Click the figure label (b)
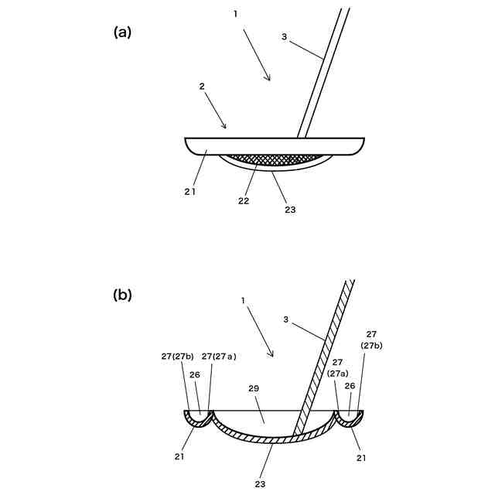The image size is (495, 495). click(123, 295)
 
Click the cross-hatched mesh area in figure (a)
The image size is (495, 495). click(274, 159)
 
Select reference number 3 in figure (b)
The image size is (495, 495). click(286, 318)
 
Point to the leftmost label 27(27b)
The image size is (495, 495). click(178, 357)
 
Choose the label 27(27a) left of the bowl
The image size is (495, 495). click(219, 357)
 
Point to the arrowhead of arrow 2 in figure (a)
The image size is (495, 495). click(225, 128)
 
